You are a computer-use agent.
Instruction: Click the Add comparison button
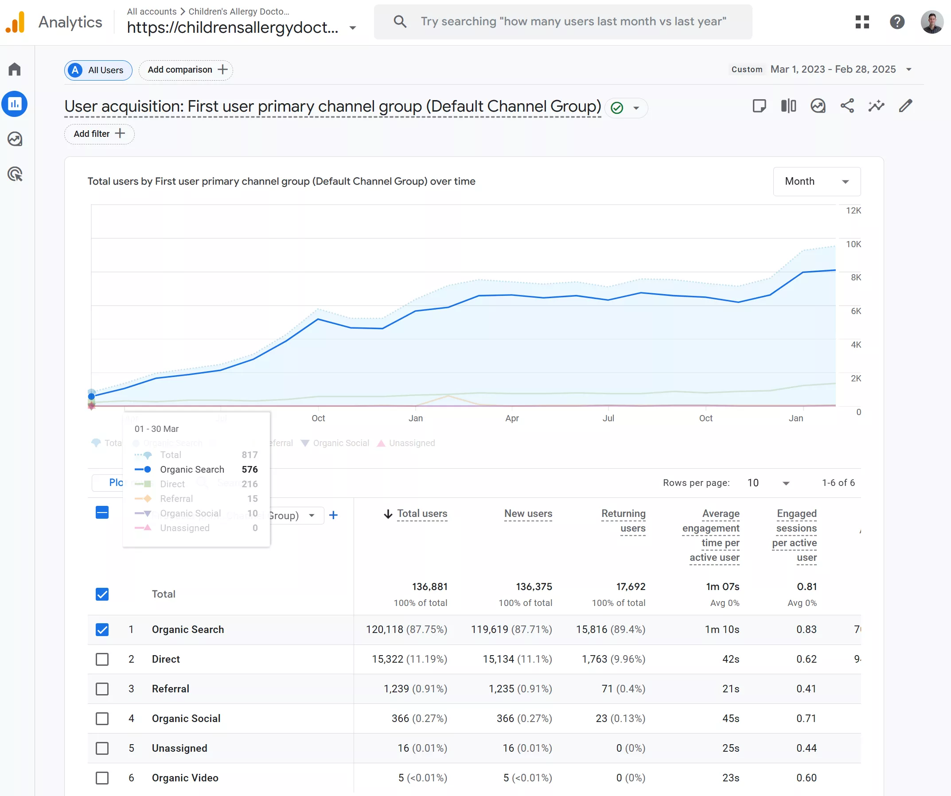point(186,70)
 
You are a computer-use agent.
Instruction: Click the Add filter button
point(99,134)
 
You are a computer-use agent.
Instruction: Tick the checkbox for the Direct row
point(102,659)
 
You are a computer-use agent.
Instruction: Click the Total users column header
point(421,514)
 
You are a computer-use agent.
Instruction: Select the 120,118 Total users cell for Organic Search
point(406,630)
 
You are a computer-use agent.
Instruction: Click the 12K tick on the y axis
point(853,210)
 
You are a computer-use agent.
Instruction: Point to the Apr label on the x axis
point(512,418)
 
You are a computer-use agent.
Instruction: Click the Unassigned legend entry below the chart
point(411,443)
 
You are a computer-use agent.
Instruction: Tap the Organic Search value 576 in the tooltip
point(249,470)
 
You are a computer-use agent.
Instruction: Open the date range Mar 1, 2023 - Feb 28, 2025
point(833,69)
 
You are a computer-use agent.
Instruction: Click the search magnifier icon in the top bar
point(400,21)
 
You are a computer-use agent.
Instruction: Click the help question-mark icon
point(896,22)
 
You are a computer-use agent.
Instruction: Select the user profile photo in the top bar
point(931,22)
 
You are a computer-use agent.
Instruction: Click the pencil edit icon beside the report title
point(905,106)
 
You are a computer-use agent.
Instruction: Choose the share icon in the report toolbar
point(847,106)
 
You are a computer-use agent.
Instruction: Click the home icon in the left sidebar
point(15,69)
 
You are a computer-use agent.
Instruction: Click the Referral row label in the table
point(170,689)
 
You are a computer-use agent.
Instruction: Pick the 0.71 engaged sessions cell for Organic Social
point(806,718)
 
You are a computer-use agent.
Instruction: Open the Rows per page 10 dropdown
point(768,483)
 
